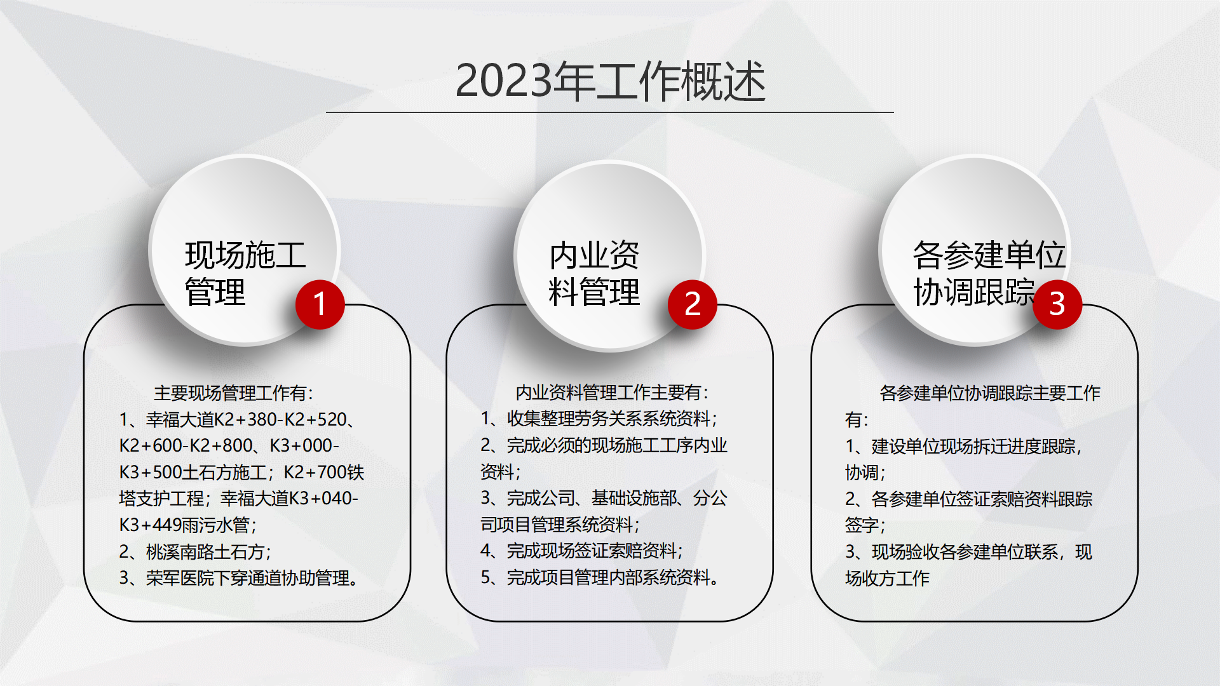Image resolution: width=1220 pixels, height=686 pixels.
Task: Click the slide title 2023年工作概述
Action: (611, 81)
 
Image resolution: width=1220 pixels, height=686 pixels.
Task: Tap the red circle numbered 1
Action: (320, 304)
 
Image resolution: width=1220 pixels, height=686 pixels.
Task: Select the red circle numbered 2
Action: (693, 304)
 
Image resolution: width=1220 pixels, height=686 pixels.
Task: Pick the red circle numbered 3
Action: (1057, 304)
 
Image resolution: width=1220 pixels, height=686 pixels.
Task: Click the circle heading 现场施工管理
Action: (245, 274)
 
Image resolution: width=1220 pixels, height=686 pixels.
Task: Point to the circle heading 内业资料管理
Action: (594, 274)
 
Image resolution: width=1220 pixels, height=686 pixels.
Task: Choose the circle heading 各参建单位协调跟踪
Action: (989, 274)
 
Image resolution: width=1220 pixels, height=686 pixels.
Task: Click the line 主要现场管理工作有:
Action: (233, 393)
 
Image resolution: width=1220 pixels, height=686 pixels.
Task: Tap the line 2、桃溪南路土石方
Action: (195, 551)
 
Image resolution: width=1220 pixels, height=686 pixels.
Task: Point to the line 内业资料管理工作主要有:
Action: (612, 393)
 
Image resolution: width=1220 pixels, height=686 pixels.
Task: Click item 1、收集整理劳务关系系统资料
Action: (599, 419)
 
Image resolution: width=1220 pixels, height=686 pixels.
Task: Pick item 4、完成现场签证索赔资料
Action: (581, 551)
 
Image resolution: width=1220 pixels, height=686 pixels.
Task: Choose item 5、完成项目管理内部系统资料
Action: (600, 577)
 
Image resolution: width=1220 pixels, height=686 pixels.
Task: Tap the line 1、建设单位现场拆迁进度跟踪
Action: (963, 447)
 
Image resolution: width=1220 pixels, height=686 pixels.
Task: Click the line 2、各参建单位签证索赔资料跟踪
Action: (969, 499)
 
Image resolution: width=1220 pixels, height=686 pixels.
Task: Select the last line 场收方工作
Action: (887, 578)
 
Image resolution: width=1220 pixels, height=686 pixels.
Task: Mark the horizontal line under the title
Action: (610, 112)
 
